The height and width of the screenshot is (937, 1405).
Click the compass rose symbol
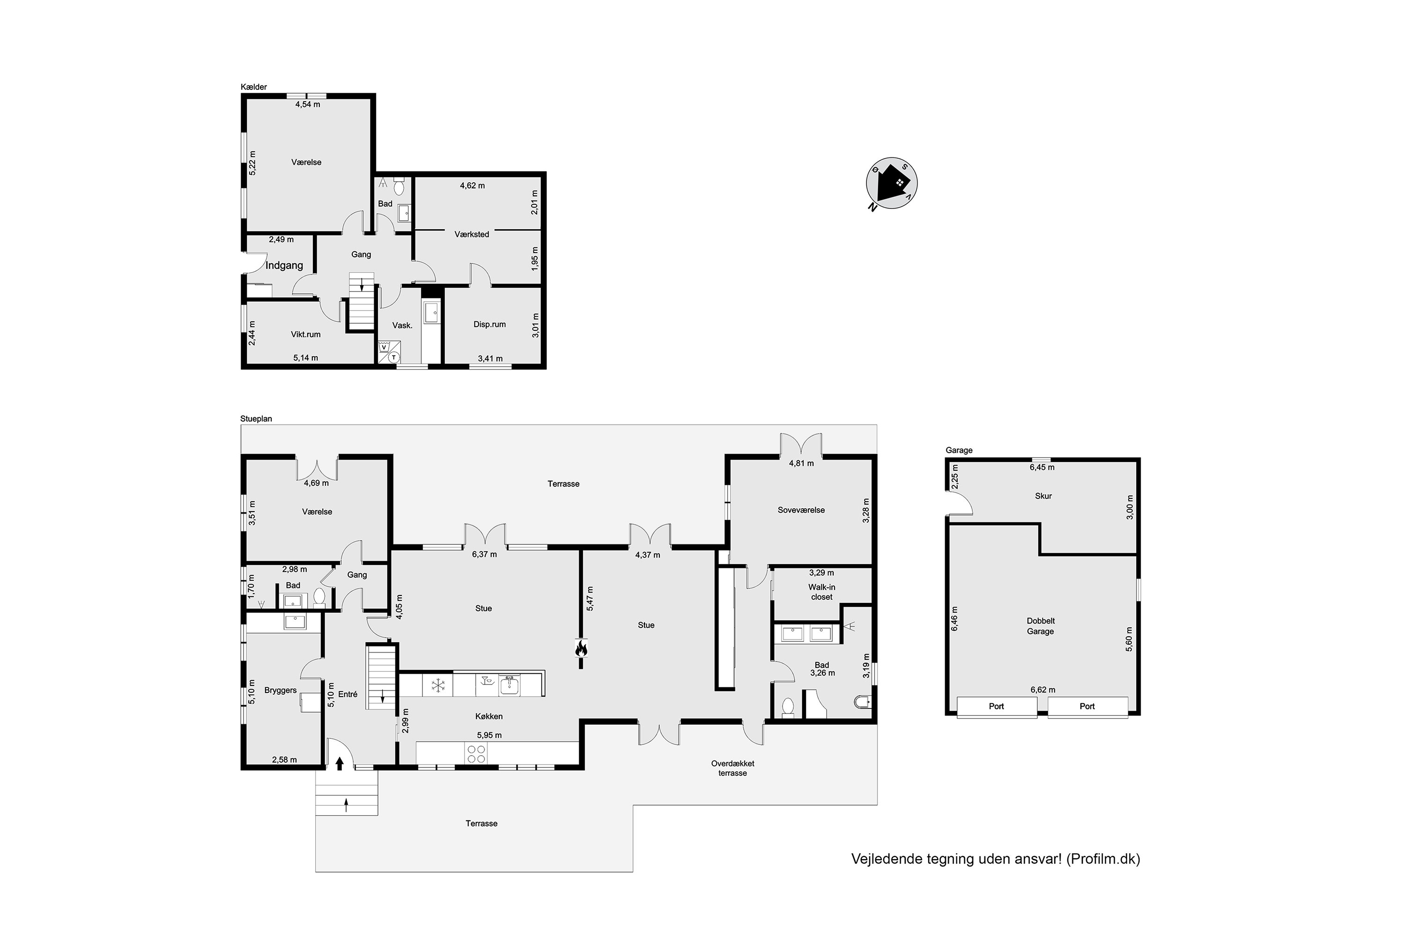(x=892, y=184)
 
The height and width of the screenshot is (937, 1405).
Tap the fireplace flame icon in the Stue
(x=581, y=648)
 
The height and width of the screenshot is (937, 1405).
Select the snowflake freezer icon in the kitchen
(x=438, y=685)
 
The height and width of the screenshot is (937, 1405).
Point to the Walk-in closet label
(x=822, y=592)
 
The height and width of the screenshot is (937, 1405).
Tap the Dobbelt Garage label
(x=1040, y=625)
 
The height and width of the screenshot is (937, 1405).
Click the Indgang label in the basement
(x=284, y=265)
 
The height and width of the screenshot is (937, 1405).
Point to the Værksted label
(x=472, y=234)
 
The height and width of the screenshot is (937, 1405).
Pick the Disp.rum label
(x=490, y=325)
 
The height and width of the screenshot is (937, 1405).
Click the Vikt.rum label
(x=306, y=334)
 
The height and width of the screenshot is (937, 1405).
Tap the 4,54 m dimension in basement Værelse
(x=308, y=104)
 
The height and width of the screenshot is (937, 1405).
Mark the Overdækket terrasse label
(x=732, y=768)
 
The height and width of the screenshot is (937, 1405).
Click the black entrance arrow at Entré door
(x=340, y=763)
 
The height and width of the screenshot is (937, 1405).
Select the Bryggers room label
(x=280, y=690)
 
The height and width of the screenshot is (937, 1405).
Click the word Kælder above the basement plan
(x=254, y=87)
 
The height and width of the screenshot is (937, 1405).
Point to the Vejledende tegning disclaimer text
(x=995, y=859)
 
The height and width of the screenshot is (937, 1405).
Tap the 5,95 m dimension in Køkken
(x=489, y=735)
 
